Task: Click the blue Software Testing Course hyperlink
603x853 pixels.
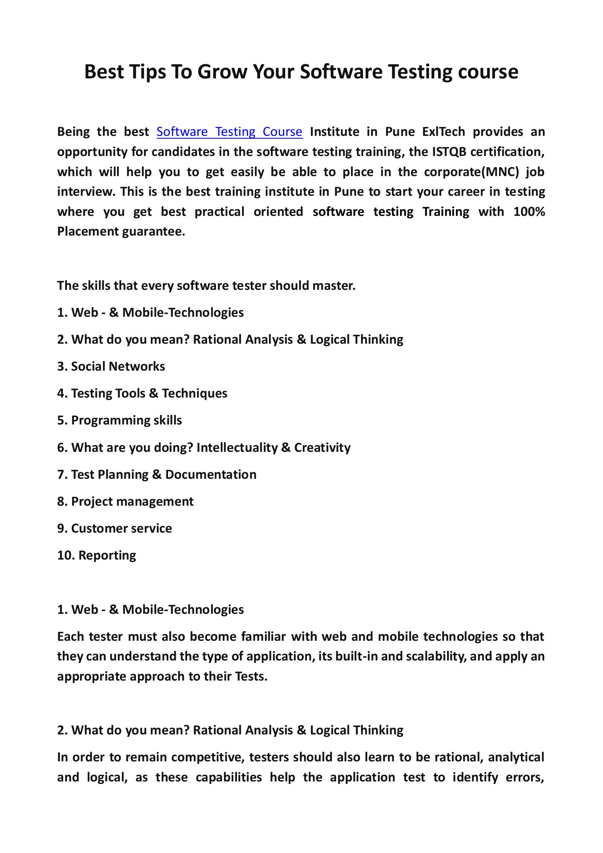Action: [229, 132]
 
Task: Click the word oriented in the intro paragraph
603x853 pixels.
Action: [278, 212]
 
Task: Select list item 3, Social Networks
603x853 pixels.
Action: [111, 367]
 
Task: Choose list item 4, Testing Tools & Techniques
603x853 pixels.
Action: [142, 394]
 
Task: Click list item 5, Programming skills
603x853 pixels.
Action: [119, 420]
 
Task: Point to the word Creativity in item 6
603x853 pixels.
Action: [322, 448]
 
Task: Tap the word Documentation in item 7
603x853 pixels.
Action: [211, 475]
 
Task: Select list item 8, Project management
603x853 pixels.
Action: [125, 502]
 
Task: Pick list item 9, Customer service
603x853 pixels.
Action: [115, 529]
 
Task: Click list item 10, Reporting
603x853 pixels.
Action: [96, 556]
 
